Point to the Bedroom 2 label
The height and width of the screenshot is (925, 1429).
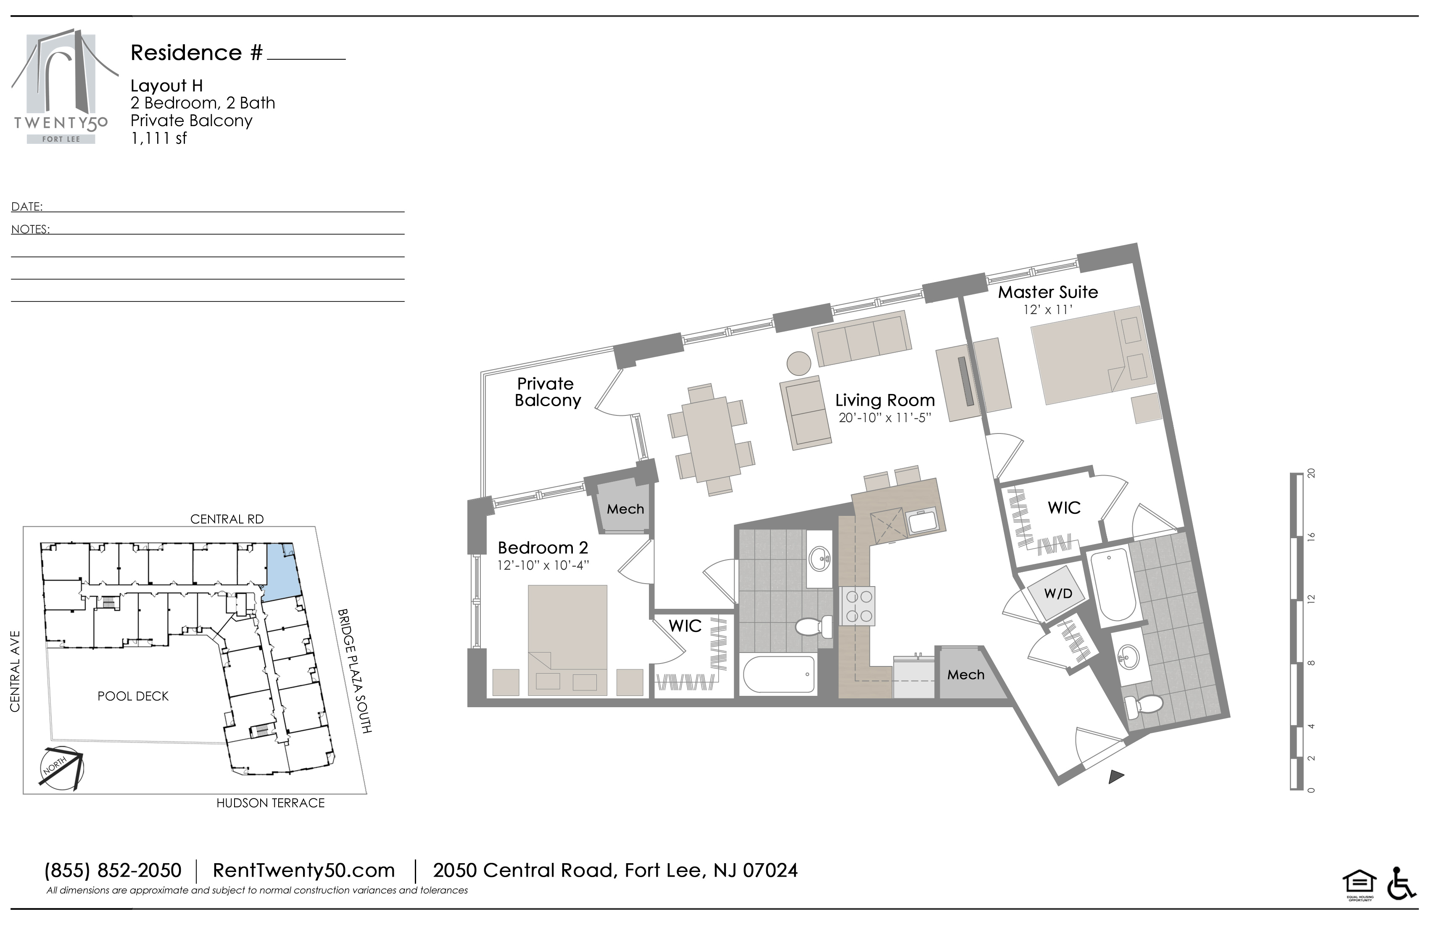(543, 548)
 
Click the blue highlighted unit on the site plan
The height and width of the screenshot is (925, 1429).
(282, 571)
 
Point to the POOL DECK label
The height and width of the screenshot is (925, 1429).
(133, 696)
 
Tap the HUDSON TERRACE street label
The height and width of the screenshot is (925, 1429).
(270, 803)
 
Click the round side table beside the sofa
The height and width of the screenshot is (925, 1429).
(799, 363)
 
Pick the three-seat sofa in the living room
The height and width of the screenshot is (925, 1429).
(862, 338)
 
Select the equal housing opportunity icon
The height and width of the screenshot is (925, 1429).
(1359, 885)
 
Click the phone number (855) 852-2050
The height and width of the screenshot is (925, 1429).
(113, 870)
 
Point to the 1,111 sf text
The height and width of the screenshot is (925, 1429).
(159, 139)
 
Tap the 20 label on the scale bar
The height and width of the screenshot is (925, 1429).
(1311, 473)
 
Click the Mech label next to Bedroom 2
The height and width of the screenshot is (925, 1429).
(625, 509)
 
